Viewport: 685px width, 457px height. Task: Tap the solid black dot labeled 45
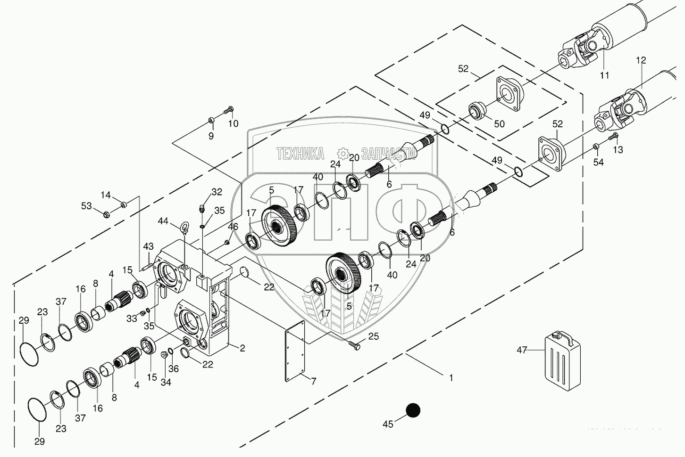pos(413,410)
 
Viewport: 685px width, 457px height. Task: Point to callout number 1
pos(451,377)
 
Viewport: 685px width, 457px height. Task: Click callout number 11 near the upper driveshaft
pos(605,75)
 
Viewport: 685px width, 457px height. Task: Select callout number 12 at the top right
pos(640,60)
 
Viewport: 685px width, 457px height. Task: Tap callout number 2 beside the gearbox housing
pos(242,349)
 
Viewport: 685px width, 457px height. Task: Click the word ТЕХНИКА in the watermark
pos(300,154)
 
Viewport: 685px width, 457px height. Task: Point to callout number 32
pos(217,192)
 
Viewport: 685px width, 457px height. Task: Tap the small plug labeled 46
pos(226,242)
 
